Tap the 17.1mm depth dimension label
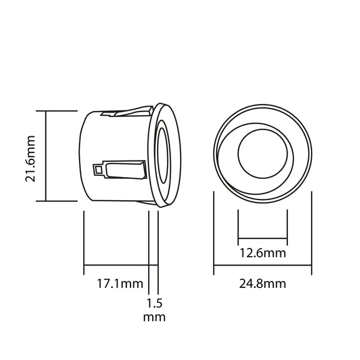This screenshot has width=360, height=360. click(120, 283)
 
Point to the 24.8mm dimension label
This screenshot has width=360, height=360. click(263, 283)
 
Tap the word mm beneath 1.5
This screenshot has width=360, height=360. click(154, 317)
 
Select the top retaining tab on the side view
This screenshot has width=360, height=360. click(126, 112)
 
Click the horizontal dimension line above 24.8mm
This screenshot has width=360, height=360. click(263, 266)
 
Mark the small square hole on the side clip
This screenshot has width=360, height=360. click(98, 169)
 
